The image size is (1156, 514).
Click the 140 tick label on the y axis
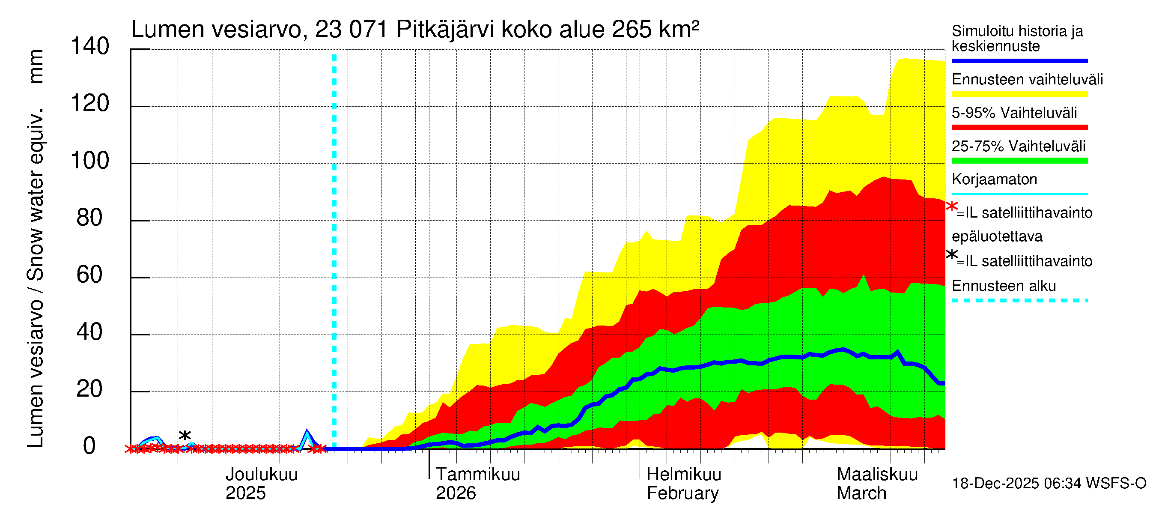coord(90,46)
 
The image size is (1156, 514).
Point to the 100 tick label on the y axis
coord(90,161)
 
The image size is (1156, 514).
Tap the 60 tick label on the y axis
coord(89,275)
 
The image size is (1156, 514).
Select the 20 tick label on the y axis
coord(89,389)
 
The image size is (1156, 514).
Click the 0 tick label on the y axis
coord(89,446)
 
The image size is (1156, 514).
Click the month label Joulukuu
coord(261,475)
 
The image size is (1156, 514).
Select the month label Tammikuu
coord(478,475)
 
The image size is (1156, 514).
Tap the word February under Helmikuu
coord(682,493)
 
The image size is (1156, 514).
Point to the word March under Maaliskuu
coord(861,493)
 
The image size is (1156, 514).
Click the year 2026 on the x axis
coord(456,493)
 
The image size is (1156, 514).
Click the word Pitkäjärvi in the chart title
coord(445,30)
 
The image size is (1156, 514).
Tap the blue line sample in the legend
coord(1019,60)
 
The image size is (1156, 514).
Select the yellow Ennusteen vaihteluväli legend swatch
coord(1019,94)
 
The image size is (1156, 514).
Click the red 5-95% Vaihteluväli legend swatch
coord(1019,128)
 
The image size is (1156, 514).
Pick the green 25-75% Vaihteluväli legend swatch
coord(1019,161)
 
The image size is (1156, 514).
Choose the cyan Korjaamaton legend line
coord(1019,194)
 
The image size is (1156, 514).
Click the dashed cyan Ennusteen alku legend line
coord(1019,300)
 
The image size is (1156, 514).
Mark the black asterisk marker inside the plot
coord(185,435)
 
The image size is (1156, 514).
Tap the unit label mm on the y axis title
coord(36,66)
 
